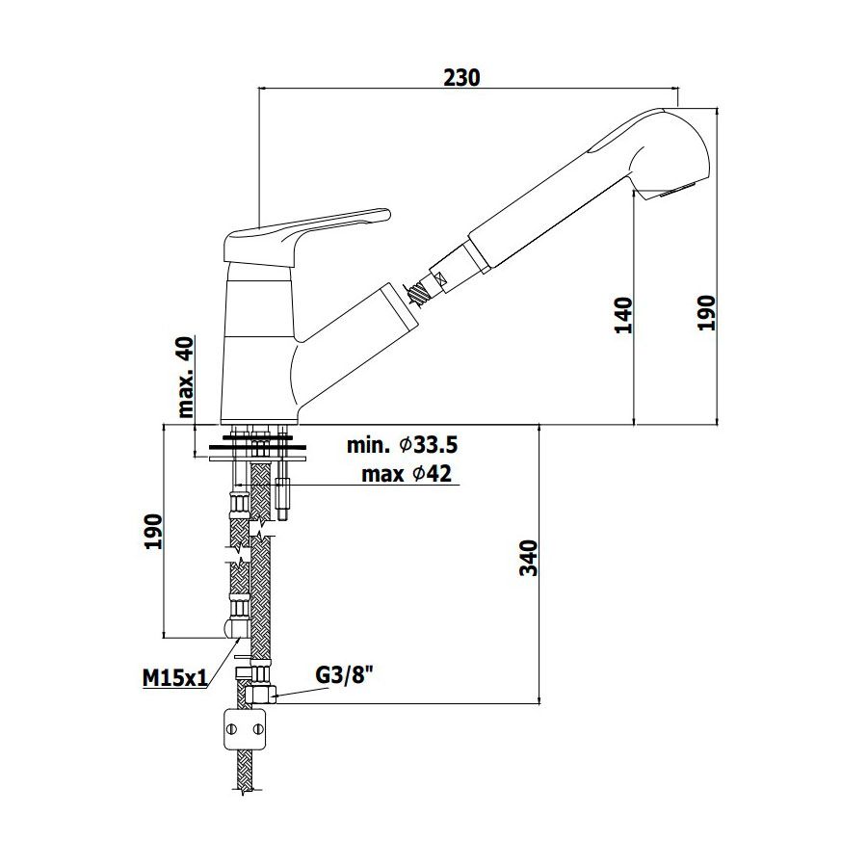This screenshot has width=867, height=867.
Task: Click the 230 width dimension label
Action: tap(461, 78)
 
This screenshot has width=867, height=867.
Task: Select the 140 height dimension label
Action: tap(623, 315)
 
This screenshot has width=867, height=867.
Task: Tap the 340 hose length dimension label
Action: tap(529, 558)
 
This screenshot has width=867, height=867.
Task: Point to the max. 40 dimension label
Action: tap(186, 377)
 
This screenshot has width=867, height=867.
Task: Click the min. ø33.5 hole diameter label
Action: tap(402, 444)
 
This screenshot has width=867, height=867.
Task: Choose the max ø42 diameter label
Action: tap(407, 473)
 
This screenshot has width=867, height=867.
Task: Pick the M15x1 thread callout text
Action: tap(174, 677)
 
